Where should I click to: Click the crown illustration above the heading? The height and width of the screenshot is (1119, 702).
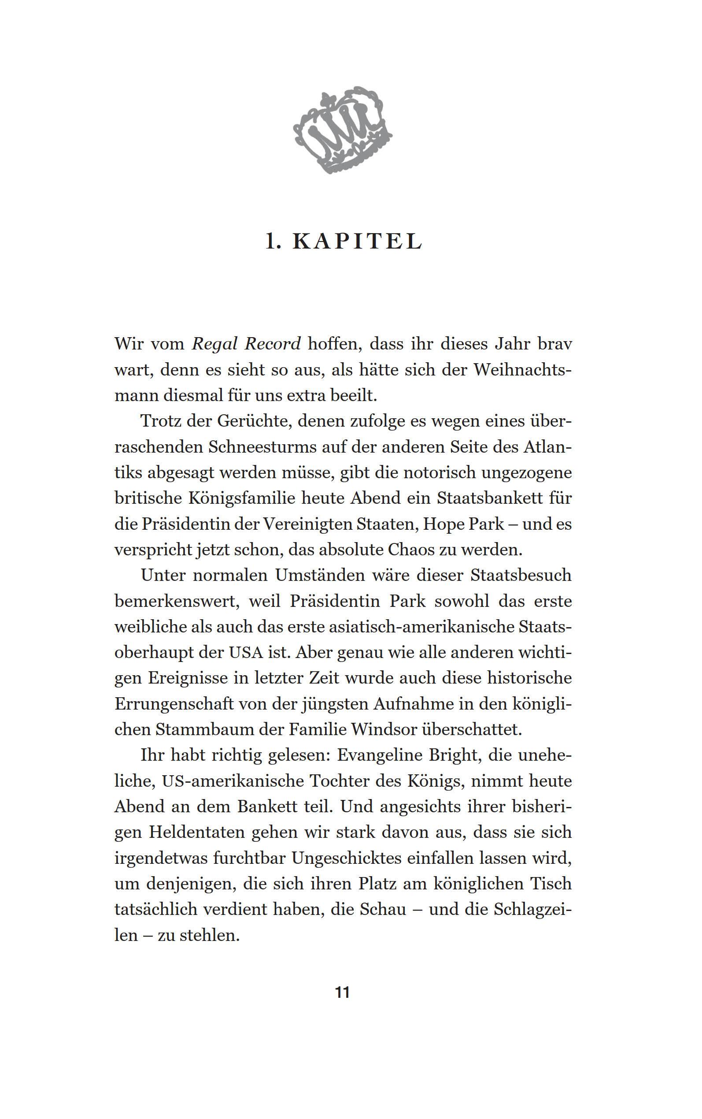343,130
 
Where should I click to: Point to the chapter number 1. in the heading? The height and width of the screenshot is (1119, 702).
273,242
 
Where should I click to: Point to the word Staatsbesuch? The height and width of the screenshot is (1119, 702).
521,576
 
